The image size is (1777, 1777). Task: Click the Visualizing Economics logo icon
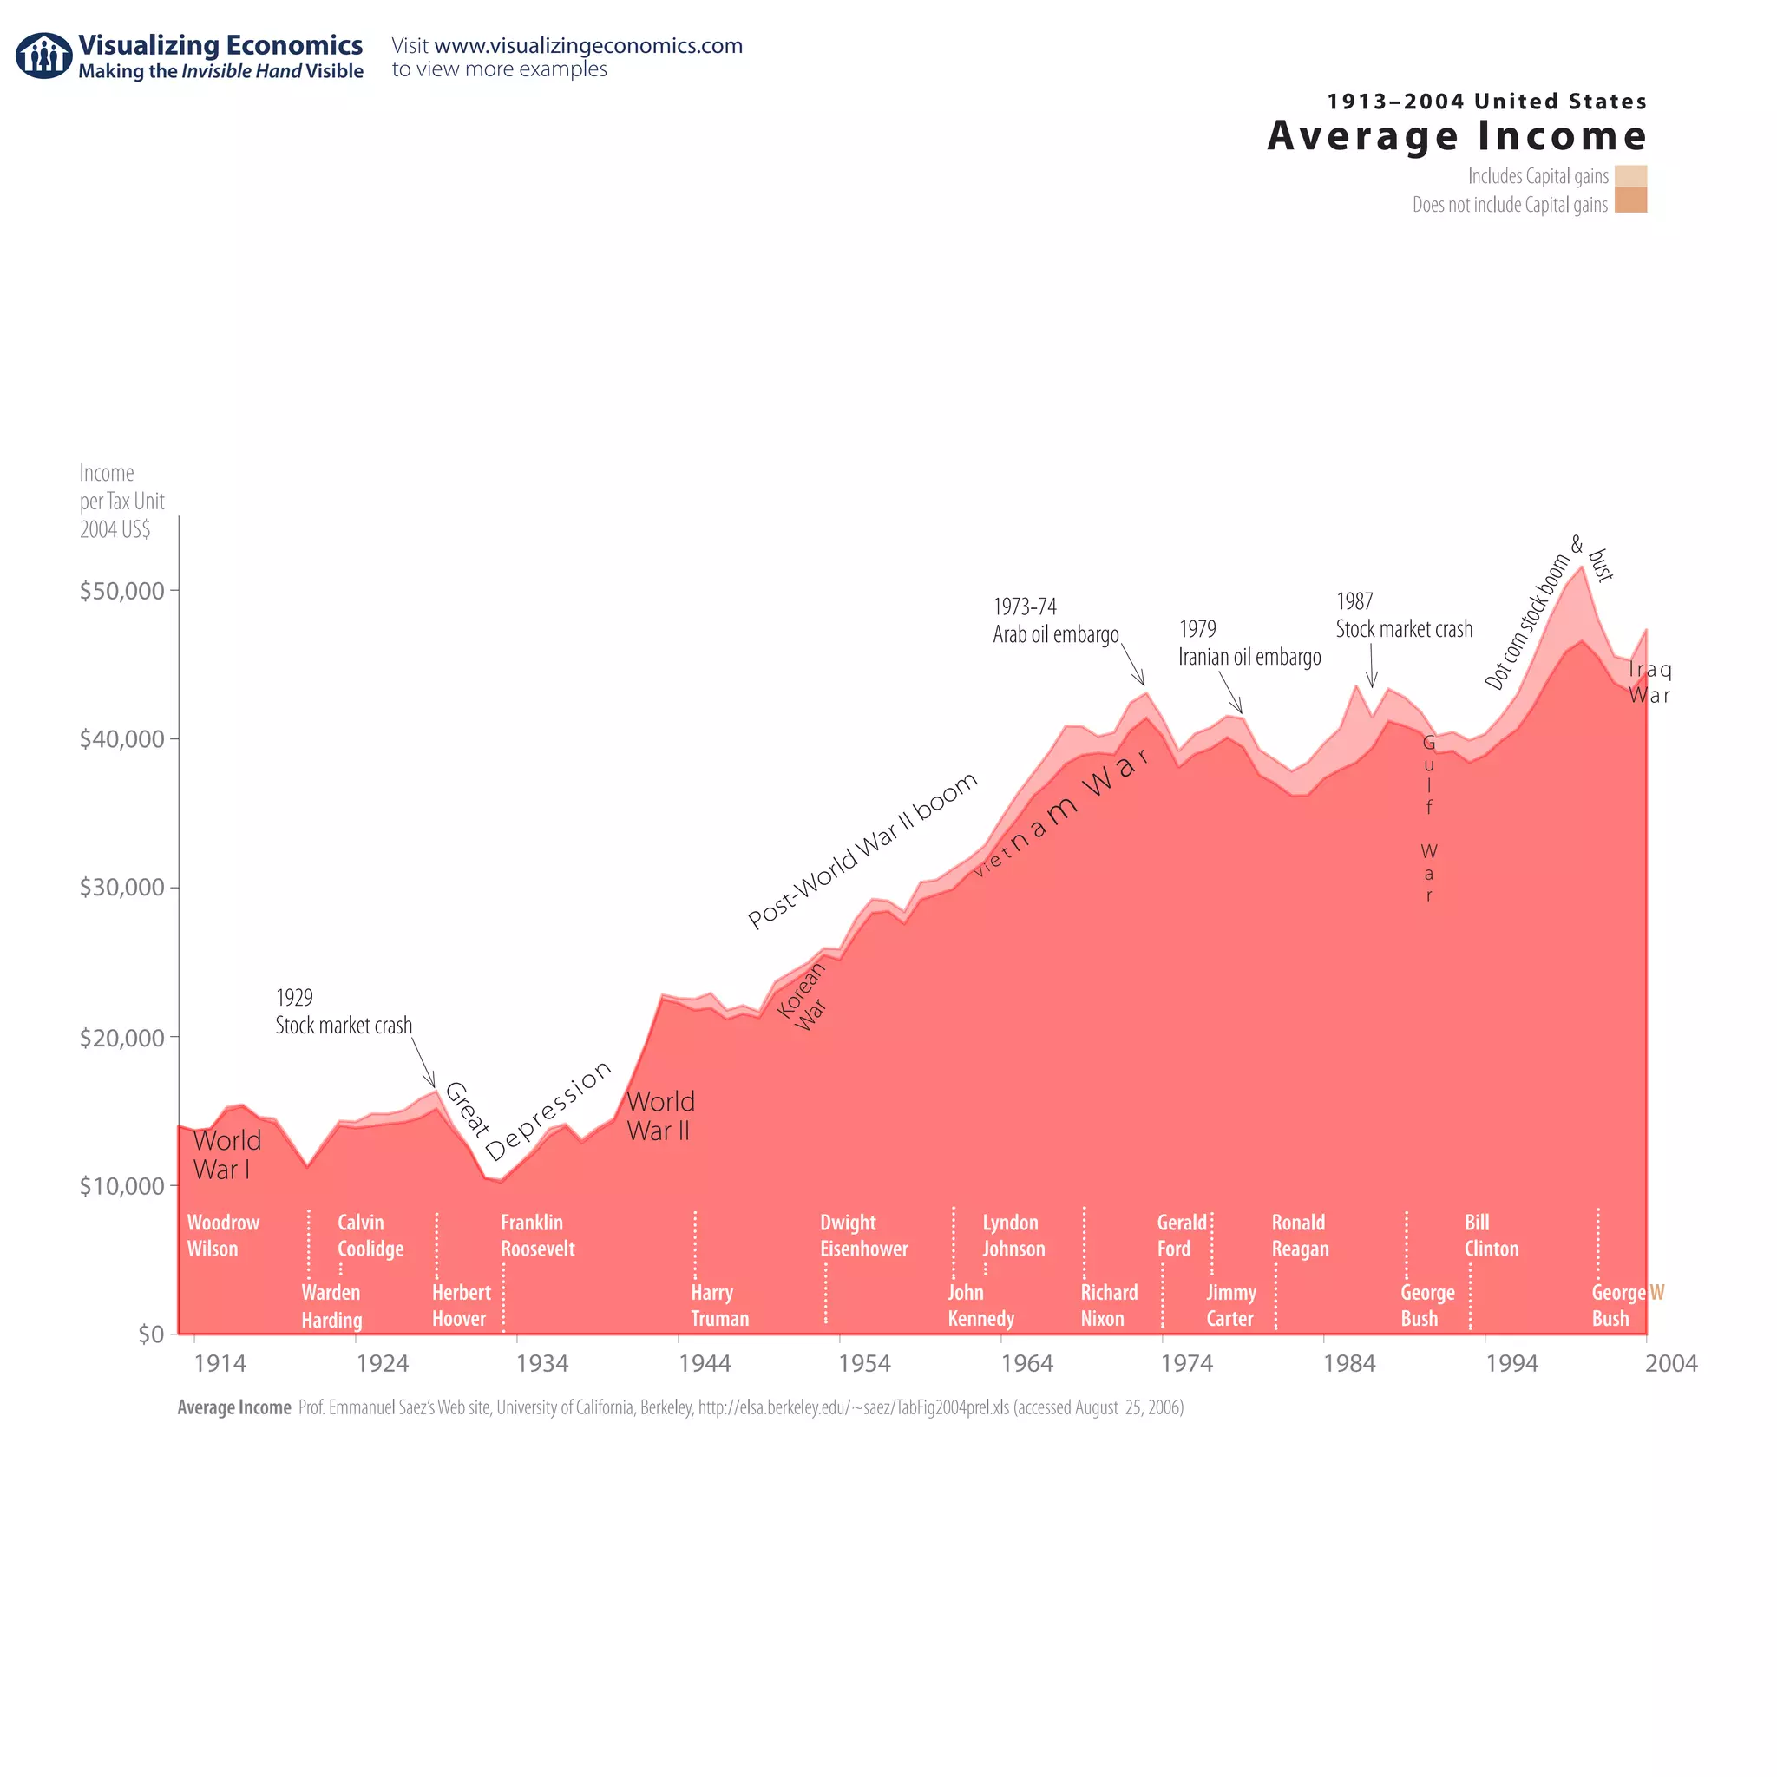43,56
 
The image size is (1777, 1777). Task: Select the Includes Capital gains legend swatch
1629,175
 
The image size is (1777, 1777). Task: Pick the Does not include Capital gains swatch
1629,200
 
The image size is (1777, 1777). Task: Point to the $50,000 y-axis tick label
121,591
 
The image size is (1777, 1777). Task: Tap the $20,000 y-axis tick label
121,1038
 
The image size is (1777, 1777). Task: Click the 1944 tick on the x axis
705,1363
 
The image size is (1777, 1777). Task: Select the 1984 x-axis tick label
1348,1363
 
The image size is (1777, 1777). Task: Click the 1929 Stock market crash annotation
343,1012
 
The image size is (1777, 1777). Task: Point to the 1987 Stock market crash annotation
1403,615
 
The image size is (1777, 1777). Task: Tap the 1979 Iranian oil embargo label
1249,643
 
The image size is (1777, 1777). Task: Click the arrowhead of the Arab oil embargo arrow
1144,684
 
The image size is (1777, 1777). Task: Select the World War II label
659,1116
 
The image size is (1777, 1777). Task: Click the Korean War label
802,997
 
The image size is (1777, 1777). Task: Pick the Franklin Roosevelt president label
537,1236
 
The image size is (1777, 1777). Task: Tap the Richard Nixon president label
1108,1305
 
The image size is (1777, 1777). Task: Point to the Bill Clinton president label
1491,1236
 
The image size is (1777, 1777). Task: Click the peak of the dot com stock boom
1582,567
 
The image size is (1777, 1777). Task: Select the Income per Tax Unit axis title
121,501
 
